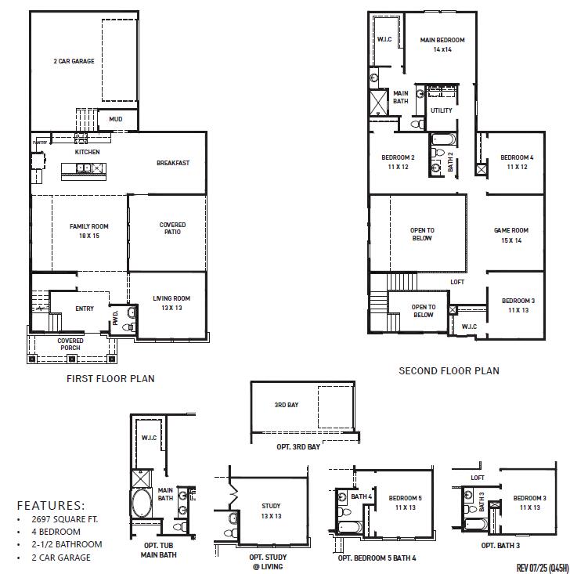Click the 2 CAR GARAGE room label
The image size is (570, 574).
(74, 61)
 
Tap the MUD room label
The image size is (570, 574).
(115, 119)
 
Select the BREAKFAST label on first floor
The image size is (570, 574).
(172, 163)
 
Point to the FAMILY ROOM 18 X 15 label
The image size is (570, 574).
(89, 230)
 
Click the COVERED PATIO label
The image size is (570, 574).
(172, 229)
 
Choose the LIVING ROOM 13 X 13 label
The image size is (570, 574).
(171, 303)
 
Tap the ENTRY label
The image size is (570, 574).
(85, 309)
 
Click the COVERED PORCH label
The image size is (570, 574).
(70, 345)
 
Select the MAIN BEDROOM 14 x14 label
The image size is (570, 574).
(442, 45)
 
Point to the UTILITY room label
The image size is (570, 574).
(441, 110)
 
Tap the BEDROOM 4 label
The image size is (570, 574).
(517, 162)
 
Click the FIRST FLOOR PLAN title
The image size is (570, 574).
(110, 378)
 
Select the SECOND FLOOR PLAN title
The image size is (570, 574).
(449, 370)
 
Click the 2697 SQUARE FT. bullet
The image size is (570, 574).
(67, 519)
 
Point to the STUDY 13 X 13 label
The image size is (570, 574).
(271, 511)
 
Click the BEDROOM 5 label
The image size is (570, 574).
(405, 503)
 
